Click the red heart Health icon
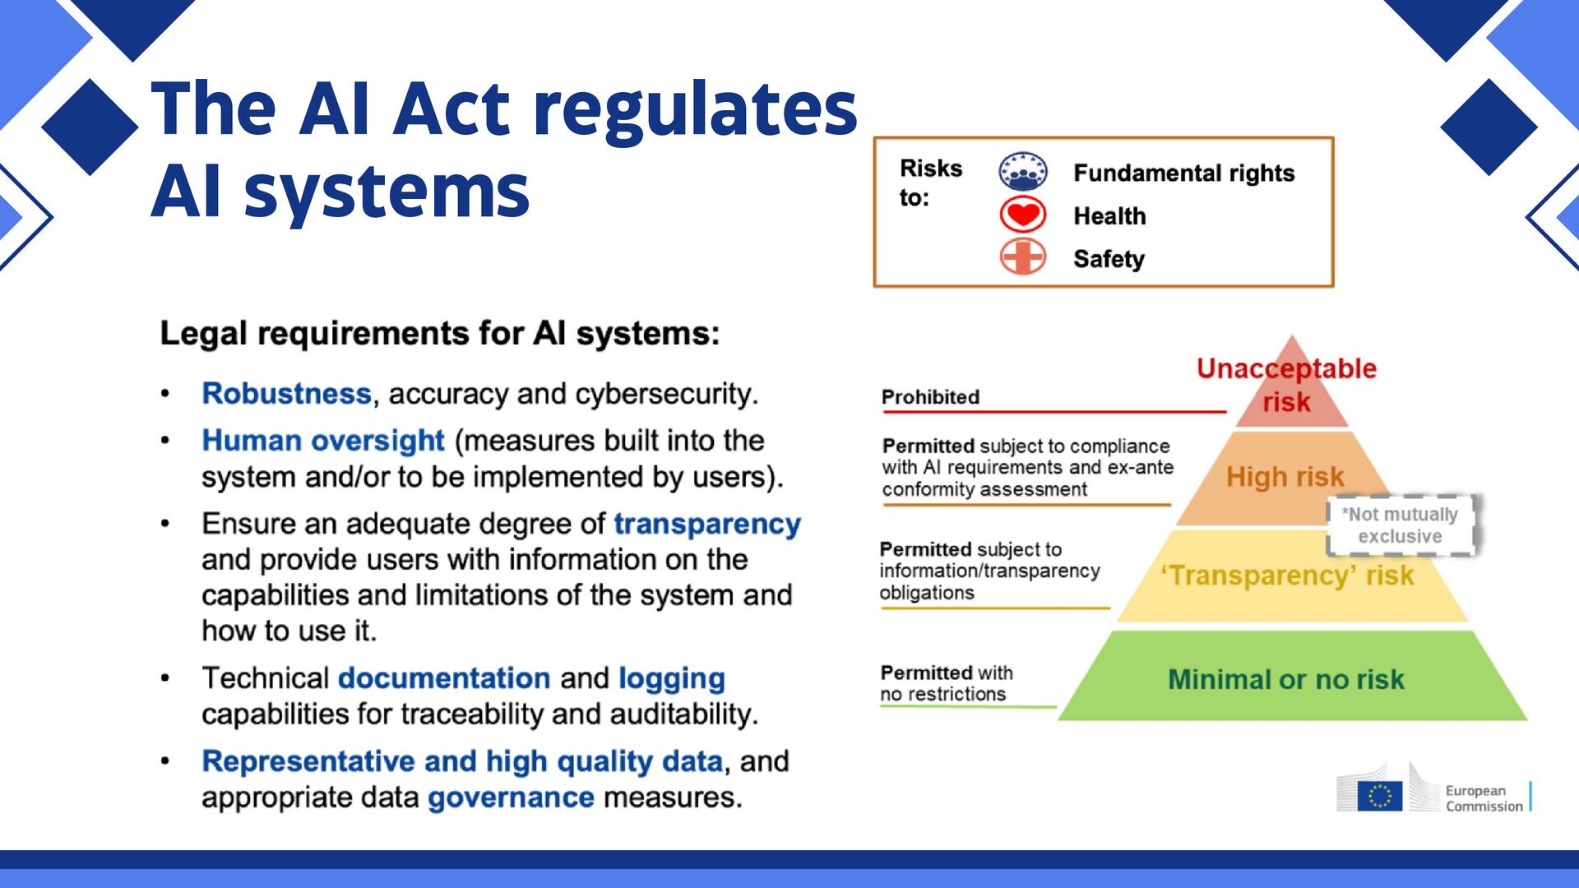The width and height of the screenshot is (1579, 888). [1022, 215]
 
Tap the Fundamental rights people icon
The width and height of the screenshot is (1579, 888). [1022, 172]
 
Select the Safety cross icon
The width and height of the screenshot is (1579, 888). [1022, 257]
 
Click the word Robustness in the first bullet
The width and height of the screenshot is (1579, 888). [286, 394]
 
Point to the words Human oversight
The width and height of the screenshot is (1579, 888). [323, 441]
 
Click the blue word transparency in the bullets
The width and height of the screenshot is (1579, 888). [707, 524]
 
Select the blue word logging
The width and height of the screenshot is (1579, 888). [671, 678]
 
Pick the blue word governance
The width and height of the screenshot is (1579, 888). [511, 798]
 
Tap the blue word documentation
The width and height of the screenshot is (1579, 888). [444, 678]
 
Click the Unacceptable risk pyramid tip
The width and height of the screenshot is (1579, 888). [1287, 385]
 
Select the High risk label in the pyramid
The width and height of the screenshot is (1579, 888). [1285, 477]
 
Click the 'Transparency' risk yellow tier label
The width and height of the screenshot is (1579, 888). [1288, 576]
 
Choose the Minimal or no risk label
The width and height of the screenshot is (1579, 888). [1286, 680]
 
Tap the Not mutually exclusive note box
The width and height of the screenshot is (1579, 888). [1400, 525]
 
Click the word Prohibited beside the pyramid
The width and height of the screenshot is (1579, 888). [930, 397]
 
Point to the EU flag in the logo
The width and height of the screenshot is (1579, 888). [1379, 796]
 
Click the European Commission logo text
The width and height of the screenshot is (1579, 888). [1484, 798]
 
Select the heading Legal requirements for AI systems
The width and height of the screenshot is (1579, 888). [440, 334]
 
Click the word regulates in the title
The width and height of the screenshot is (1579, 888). [695, 109]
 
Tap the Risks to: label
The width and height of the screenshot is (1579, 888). [929, 183]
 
